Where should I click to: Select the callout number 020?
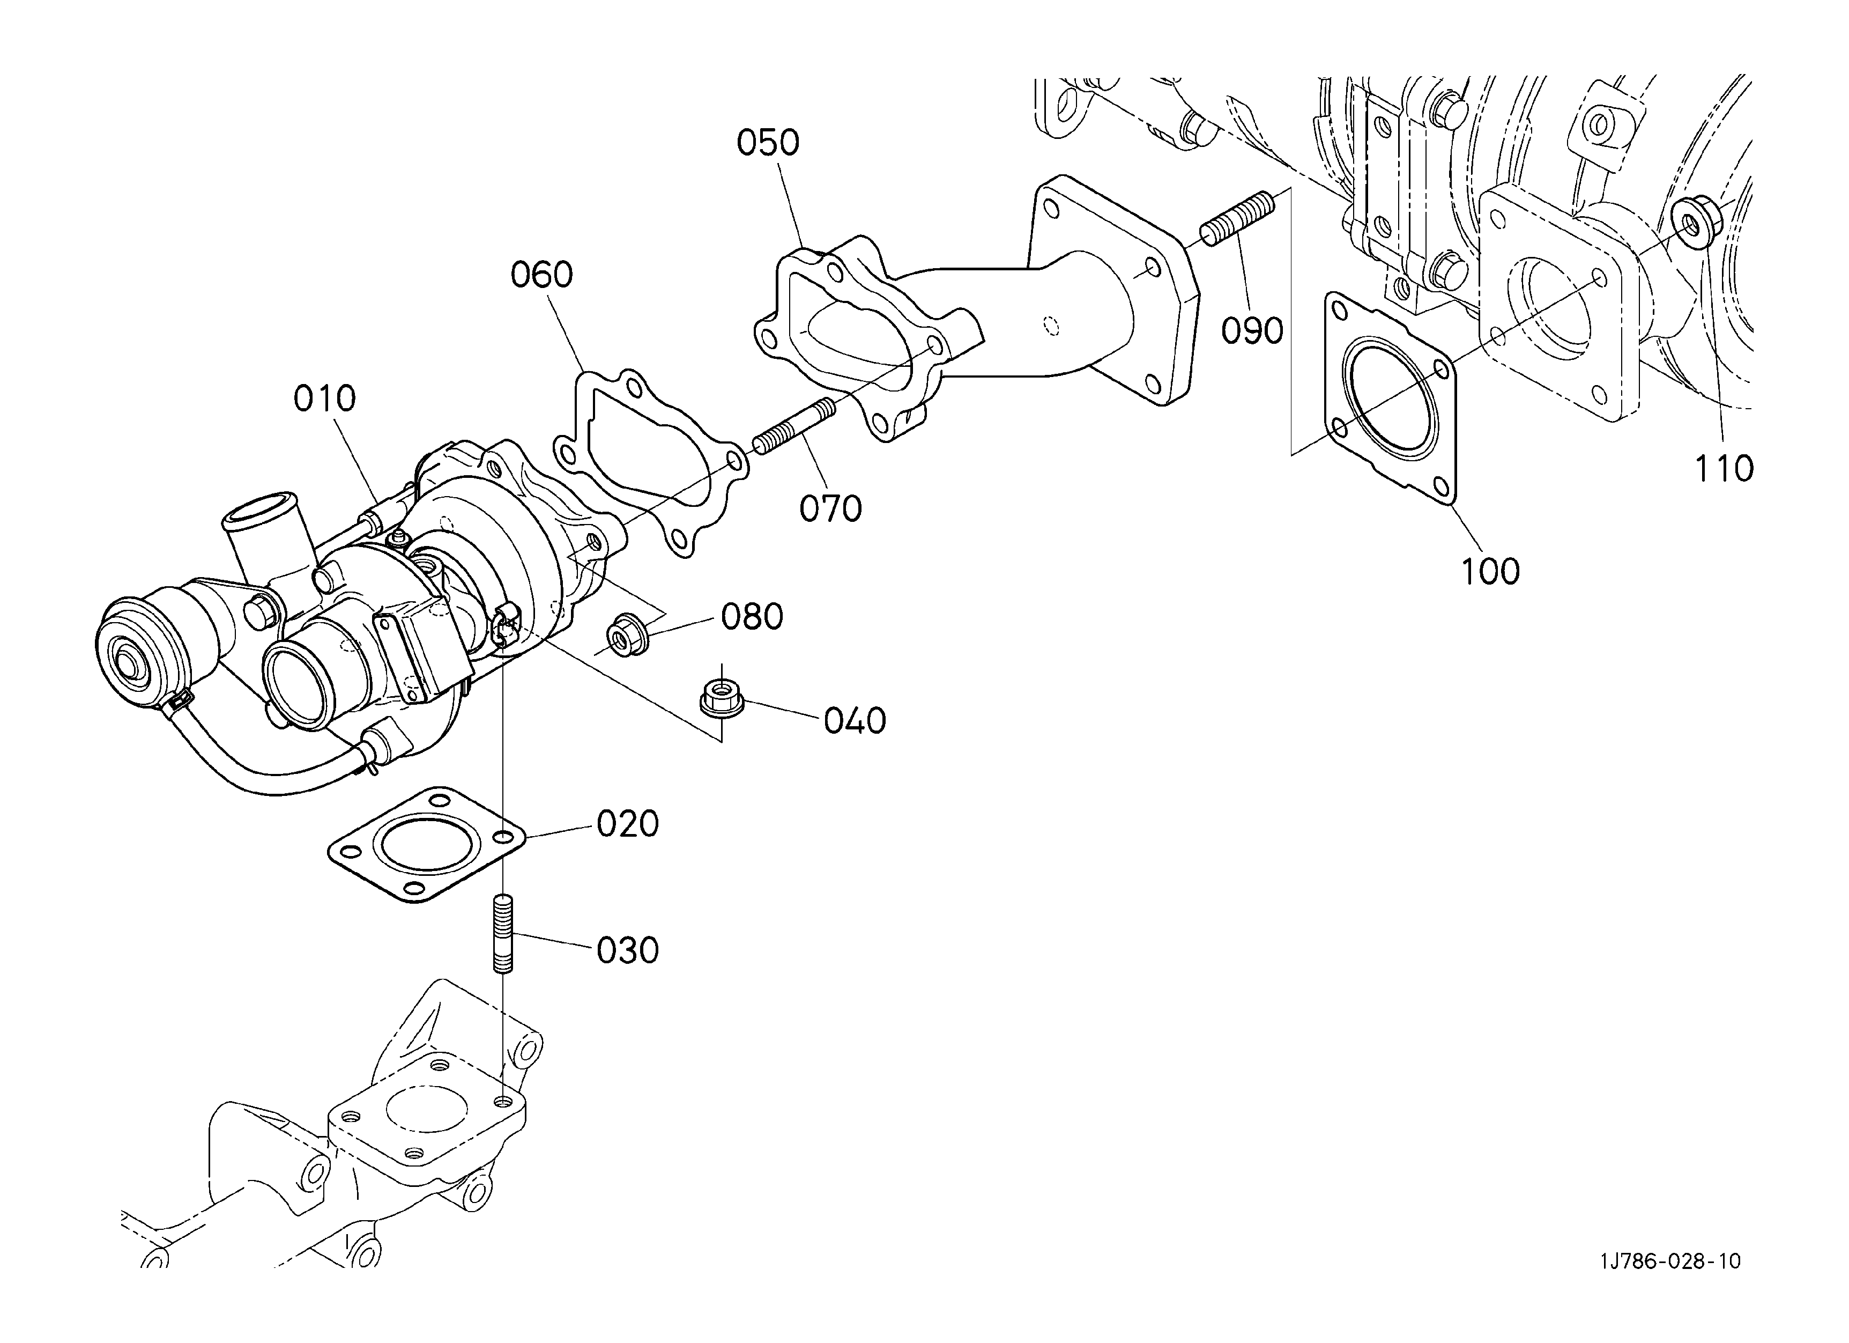point(628,824)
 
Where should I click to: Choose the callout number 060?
point(542,275)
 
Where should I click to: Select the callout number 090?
point(1252,331)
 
